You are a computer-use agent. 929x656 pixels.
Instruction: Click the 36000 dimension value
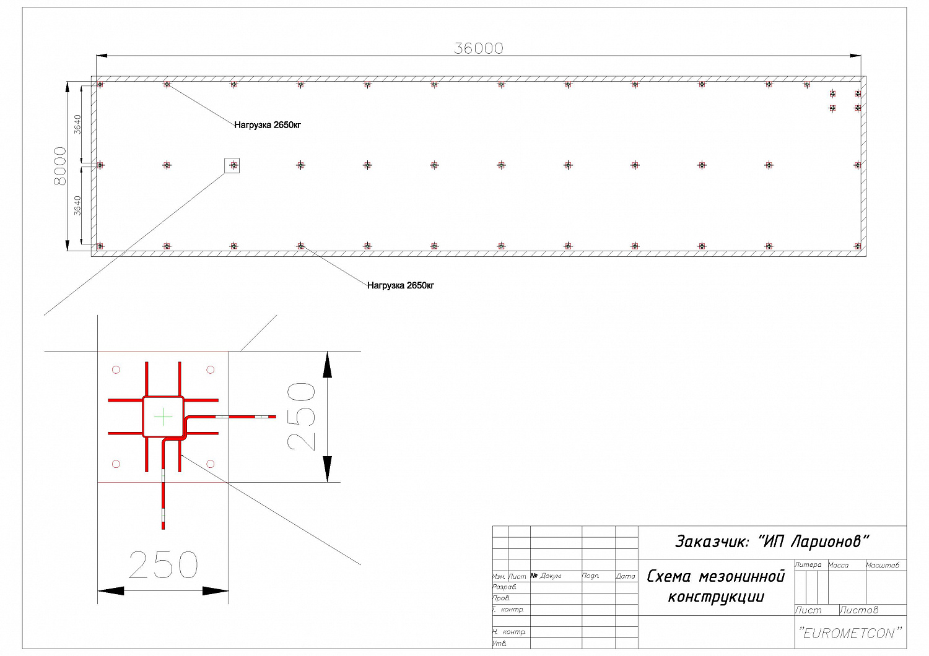479,48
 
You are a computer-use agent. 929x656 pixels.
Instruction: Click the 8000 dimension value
61,166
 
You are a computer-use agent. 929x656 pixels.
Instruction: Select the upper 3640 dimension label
77,124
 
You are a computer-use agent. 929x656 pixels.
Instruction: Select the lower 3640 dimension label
77,205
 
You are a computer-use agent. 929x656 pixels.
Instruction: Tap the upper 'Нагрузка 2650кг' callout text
268,125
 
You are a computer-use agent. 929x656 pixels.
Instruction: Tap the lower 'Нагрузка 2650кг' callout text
401,285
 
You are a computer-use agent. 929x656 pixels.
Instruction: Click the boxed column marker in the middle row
232,165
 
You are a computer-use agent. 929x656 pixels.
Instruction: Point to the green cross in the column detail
163,417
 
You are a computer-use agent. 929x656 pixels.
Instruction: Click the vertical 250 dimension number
302,416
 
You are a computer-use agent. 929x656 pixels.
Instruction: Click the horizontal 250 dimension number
164,564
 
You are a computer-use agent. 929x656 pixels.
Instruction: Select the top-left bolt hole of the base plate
116,369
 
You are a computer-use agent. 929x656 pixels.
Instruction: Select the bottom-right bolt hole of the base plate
211,464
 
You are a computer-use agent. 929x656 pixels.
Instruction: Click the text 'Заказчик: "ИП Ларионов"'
772,542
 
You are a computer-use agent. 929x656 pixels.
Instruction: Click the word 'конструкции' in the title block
716,597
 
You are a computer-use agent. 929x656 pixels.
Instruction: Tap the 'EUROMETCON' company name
850,633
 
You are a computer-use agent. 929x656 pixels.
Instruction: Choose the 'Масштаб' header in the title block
883,565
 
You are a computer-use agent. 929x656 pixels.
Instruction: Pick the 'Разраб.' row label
504,587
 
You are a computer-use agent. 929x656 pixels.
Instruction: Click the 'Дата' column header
626,576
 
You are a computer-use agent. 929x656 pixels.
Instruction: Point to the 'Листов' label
859,610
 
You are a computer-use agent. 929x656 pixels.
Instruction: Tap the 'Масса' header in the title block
838,565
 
